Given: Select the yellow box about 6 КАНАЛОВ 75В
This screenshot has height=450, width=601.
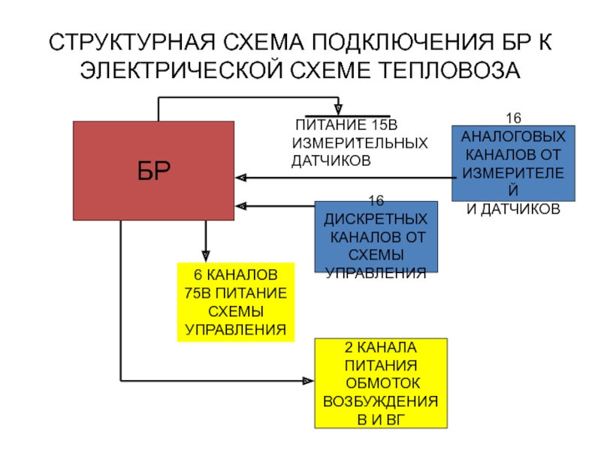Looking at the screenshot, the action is (235, 302).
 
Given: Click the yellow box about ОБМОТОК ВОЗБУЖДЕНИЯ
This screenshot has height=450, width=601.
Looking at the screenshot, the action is (379, 383).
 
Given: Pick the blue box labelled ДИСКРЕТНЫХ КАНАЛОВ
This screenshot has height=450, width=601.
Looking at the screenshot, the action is (376, 236).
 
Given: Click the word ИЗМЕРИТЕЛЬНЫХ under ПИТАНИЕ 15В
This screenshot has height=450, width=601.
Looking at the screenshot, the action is (360, 142).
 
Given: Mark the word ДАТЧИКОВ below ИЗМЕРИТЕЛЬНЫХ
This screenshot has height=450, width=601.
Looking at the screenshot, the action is (331, 160).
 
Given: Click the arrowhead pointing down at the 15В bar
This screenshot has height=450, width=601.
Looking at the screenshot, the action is (338, 109).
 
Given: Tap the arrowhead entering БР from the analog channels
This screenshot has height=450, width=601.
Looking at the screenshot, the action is (240, 178).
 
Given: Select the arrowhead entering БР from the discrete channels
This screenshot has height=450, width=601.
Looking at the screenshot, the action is (240, 205).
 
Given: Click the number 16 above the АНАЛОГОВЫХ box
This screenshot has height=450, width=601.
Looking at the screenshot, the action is (513, 118).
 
